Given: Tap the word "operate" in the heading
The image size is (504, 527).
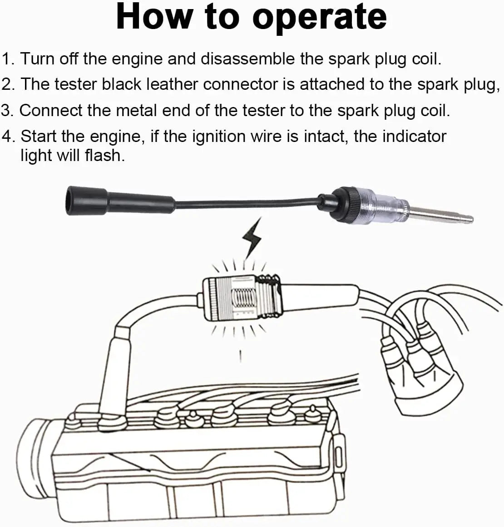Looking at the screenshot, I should pyautogui.click(x=319, y=17).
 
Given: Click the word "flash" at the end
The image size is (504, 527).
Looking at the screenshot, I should pyautogui.click(x=104, y=156).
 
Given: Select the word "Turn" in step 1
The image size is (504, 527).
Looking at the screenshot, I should pyautogui.click(x=38, y=59).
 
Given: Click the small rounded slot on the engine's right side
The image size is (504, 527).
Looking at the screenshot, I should pyautogui.click(x=337, y=453).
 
